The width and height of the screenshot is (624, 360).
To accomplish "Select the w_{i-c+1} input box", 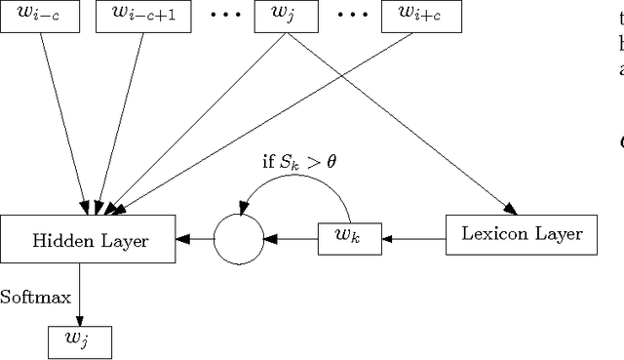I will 138,15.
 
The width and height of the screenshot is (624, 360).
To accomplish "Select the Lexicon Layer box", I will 521,234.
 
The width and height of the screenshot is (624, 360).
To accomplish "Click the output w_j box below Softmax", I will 80,341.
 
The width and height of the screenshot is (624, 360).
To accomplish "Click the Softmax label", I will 35,297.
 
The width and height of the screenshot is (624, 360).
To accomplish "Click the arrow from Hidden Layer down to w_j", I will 80,294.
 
